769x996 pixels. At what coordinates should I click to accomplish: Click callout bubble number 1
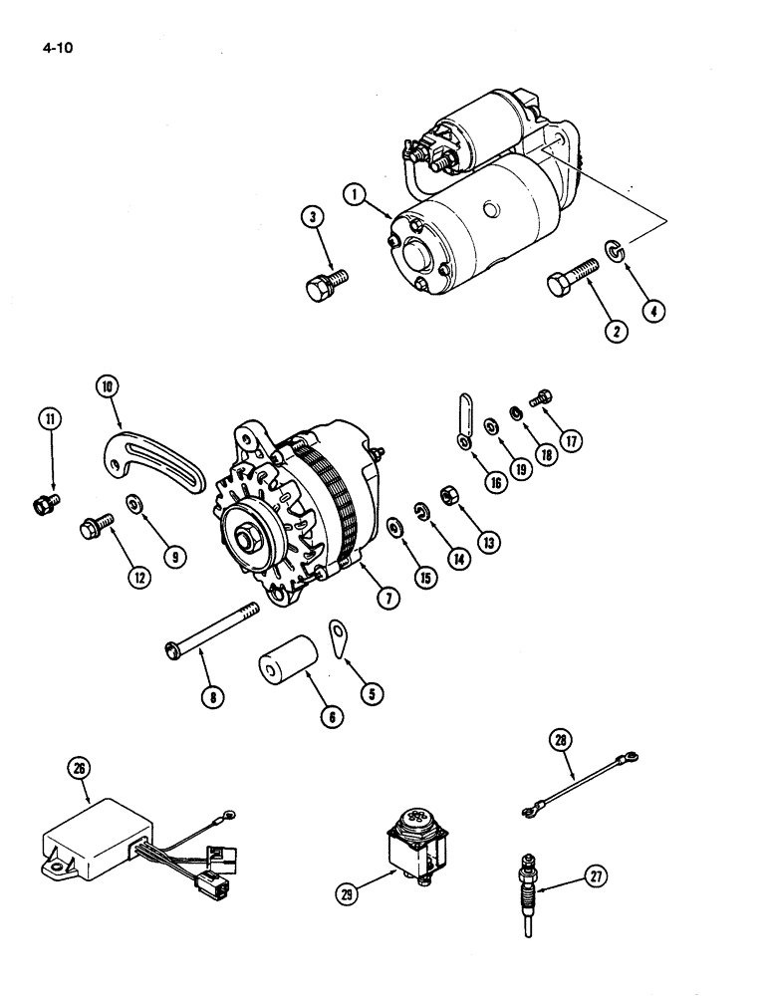(x=355, y=193)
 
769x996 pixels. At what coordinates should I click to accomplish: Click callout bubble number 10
(x=108, y=384)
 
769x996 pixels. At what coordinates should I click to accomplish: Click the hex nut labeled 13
(x=448, y=495)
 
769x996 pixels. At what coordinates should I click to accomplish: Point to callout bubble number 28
(x=561, y=740)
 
